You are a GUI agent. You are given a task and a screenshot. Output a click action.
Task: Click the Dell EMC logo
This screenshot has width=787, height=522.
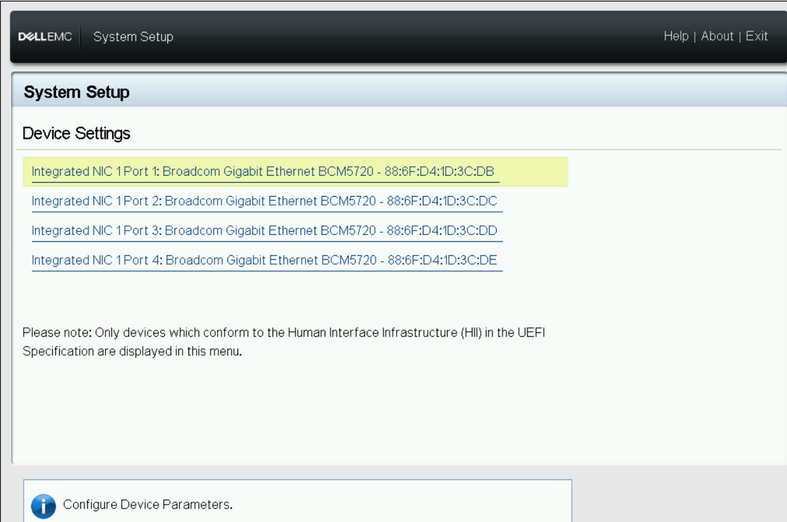click(x=45, y=37)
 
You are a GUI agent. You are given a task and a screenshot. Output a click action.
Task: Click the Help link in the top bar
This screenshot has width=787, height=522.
click(x=676, y=36)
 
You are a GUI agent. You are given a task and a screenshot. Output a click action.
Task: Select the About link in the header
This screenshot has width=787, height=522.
click(x=717, y=36)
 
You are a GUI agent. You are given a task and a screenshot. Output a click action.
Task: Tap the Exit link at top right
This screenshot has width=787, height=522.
click(x=756, y=36)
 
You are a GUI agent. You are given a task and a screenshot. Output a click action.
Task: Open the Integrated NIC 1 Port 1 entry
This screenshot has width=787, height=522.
click(x=263, y=172)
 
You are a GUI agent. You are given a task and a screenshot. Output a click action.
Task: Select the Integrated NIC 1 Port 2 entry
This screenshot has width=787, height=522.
click(x=264, y=201)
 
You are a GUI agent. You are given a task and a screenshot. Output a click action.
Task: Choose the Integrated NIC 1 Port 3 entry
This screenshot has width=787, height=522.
click(x=264, y=231)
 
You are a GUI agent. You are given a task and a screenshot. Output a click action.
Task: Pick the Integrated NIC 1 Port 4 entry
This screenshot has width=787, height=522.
click(x=264, y=260)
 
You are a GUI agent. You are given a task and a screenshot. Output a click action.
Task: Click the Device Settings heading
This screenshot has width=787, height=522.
click(x=76, y=133)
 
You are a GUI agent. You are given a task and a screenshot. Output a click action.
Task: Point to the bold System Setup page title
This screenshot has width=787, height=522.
click(x=76, y=92)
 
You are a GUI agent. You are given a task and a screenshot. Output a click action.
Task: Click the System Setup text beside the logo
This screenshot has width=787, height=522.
click(x=133, y=37)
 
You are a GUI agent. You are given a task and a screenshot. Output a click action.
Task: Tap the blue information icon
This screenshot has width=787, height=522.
click(x=44, y=506)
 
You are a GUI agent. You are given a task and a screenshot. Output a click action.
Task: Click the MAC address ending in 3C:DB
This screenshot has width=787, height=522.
click(x=439, y=172)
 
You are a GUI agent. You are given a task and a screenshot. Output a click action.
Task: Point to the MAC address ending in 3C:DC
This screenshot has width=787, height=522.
click(x=442, y=201)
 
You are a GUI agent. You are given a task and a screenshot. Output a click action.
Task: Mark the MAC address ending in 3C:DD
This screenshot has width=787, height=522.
click(x=442, y=231)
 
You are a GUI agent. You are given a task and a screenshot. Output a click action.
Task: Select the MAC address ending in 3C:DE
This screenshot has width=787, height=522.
click(x=442, y=260)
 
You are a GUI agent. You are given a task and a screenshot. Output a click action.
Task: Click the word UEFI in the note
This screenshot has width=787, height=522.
click(x=531, y=333)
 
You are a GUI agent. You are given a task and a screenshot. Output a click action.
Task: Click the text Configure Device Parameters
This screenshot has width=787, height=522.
click(x=148, y=505)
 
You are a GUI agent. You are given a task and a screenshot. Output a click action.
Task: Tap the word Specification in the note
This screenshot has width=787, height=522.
click(x=58, y=351)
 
